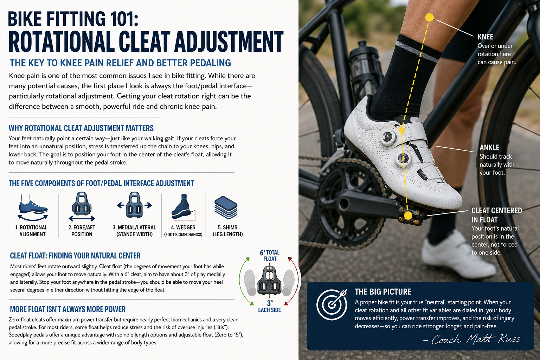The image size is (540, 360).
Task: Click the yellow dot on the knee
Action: pyautogui.click(x=429, y=18)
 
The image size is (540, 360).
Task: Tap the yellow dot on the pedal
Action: pyautogui.click(x=408, y=216)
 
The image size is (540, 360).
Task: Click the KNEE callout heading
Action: pyautogui.click(x=486, y=37)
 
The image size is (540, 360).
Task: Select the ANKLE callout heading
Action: pyautogui.click(x=489, y=148)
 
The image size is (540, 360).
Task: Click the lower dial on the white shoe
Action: pyautogui.click(x=403, y=159)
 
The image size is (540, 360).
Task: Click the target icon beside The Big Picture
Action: pyautogui.click(x=332, y=304)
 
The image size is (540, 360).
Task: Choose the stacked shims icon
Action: pyautogui.click(x=226, y=207)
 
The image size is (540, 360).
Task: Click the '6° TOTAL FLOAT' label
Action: pyautogui.click(x=270, y=256)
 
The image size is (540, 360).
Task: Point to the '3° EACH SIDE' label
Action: pyautogui.click(x=270, y=307)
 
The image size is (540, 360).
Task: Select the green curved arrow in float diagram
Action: pyautogui.click(x=242, y=281)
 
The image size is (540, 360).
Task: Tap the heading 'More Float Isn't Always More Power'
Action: pyautogui.click(x=68, y=309)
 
